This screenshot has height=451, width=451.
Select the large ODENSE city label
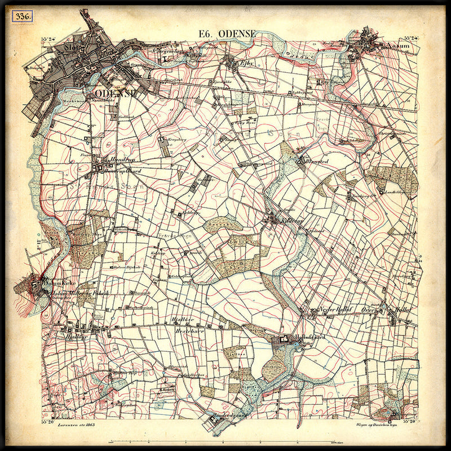[x=117, y=94]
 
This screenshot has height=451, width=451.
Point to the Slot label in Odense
[x=73, y=48]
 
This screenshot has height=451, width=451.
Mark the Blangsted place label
[x=316, y=161]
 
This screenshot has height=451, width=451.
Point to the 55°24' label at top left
[x=51, y=39]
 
